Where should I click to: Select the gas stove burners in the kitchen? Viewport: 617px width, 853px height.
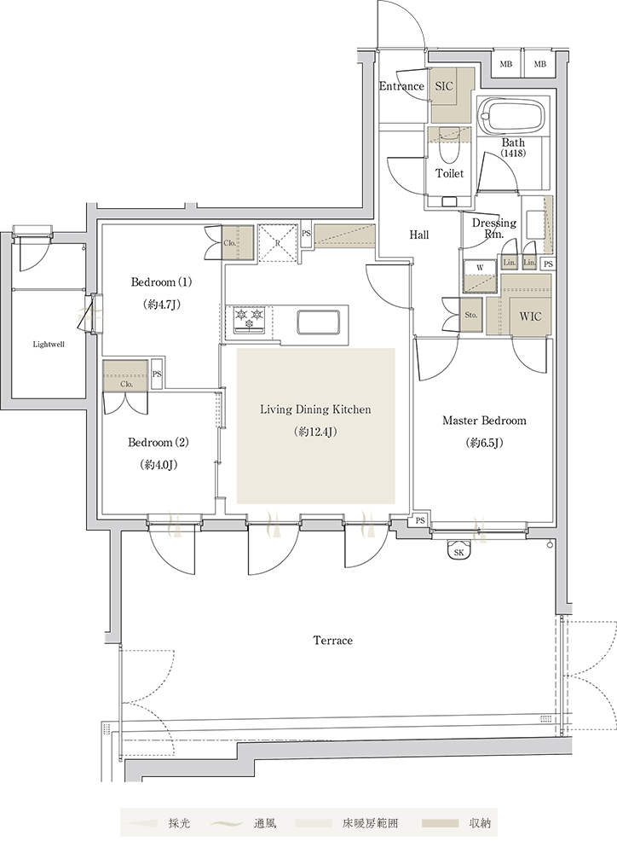tap(250, 319)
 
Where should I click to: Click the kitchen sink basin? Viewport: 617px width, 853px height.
tap(318, 321)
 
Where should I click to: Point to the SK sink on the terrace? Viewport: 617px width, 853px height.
tap(458, 551)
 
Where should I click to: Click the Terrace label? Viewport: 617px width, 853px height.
tap(332, 641)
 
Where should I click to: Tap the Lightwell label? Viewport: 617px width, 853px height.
tap(49, 345)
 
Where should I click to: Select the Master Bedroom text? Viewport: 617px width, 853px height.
tap(484, 421)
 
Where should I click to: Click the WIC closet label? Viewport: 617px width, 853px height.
tap(530, 316)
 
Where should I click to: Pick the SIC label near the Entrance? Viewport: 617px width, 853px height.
tap(444, 86)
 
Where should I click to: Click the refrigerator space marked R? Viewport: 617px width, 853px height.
tap(277, 243)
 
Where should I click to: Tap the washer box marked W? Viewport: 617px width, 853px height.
tap(480, 268)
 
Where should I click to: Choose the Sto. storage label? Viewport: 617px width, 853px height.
tap(470, 315)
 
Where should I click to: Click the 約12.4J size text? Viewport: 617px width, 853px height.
tap(315, 432)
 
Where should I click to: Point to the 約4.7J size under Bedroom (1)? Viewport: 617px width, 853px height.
tap(161, 305)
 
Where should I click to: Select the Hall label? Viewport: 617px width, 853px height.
tap(418, 235)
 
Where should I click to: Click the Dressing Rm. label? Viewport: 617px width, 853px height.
tap(493, 229)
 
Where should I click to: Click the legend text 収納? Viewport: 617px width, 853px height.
tap(480, 824)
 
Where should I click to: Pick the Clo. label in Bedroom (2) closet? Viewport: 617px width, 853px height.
tap(126, 384)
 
